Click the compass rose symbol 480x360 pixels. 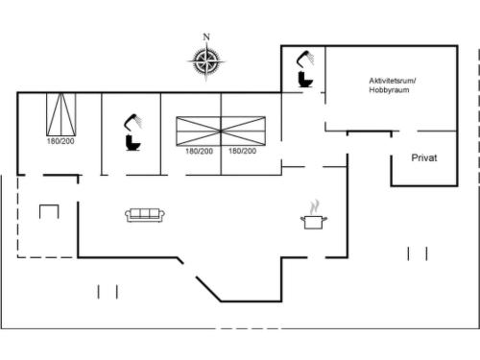tap(206, 60)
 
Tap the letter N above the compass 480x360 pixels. tap(206, 37)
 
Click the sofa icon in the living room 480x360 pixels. tap(145, 215)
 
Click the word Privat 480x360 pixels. tap(424, 157)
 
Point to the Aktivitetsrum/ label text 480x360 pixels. tap(393, 81)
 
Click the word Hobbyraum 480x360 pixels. tap(389, 90)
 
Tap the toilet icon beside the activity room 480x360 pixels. tap(305, 80)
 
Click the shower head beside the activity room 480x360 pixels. tap(305, 60)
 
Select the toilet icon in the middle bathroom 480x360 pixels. tap(133, 143)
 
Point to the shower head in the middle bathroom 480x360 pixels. tap(133, 122)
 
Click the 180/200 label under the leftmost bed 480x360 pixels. tap(60, 141)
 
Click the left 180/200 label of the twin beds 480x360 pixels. tap(199, 151)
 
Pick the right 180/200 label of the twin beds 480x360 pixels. tap(242, 151)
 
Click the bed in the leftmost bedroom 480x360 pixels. tap(61, 114)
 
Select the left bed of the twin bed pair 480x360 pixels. tap(199, 132)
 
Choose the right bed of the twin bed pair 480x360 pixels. tap(243, 132)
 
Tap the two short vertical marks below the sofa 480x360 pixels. tap(108, 292)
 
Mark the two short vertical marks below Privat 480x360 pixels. tap(418, 253)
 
